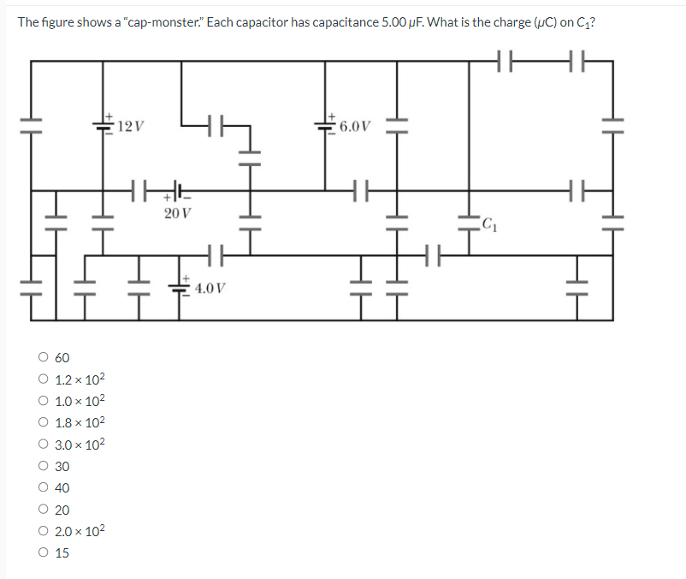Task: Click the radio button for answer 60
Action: tap(42, 357)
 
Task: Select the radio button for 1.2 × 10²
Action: tap(42, 379)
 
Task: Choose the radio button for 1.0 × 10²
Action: tap(42, 401)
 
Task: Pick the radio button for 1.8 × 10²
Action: tap(42, 422)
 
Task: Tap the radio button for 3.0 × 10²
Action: tap(42, 445)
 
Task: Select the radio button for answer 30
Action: tap(42, 467)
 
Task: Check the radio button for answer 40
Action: tap(42, 488)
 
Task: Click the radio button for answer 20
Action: tap(42, 510)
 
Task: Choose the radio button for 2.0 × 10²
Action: tap(42, 531)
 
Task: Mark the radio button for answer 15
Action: tap(42, 553)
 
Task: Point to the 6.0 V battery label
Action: tap(355, 127)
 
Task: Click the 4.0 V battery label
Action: tap(210, 288)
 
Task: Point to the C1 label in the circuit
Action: tap(488, 225)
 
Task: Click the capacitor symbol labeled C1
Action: tap(468, 224)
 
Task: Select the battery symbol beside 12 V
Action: tap(104, 126)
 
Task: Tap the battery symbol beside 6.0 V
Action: tap(326, 126)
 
